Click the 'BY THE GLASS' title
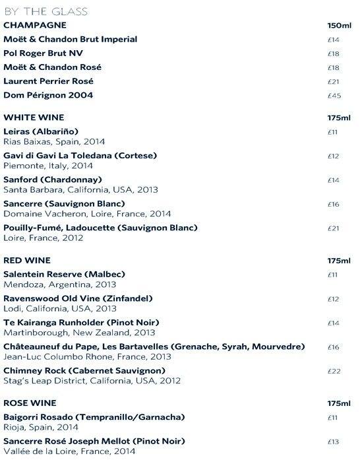click(45, 12)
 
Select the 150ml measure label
click(339, 26)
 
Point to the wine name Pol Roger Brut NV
click(43, 53)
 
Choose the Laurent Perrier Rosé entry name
click(48, 81)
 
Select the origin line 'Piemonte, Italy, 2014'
click(48, 166)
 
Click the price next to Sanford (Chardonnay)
click(333, 180)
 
